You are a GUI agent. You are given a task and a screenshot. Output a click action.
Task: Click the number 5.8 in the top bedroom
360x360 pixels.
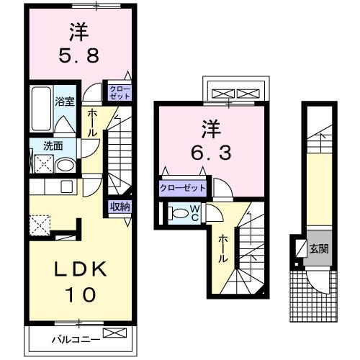(x=79, y=55)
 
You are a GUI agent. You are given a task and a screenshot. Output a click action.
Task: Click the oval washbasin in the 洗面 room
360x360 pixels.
(x=66, y=164)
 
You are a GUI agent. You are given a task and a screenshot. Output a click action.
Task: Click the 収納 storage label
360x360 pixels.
(x=120, y=207)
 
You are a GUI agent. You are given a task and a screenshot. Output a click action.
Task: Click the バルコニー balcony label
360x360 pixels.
(x=75, y=336)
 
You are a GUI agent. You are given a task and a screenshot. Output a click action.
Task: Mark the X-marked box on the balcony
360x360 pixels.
(x=114, y=333)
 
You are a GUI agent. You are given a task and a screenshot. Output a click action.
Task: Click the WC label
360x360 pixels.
(x=194, y=213)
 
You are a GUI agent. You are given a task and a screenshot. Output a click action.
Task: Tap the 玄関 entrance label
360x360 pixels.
(x=319, y=250)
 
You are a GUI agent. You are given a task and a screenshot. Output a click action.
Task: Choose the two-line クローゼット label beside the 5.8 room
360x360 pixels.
(x=118, y=91)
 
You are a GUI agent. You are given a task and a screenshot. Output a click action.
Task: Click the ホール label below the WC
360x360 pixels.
(x=223, y=247)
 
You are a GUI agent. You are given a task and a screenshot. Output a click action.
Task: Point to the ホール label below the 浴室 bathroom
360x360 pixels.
(x=93, y=123)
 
